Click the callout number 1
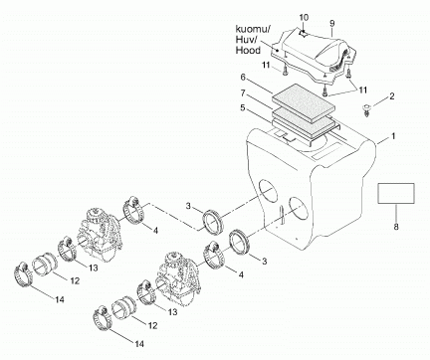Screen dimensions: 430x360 pos(393,136)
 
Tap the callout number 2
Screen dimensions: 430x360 pos(392,96)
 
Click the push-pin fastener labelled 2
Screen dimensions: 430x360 pos(366,110)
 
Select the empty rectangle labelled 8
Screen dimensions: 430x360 pos(396,193)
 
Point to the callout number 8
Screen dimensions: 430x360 pos(396,227)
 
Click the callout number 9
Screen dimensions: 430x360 pos(332,24)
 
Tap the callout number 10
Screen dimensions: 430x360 pos(304,17)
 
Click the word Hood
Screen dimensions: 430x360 pos(248,51)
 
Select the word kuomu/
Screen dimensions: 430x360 pos(253,30)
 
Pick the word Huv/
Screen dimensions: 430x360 pos(246,40)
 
